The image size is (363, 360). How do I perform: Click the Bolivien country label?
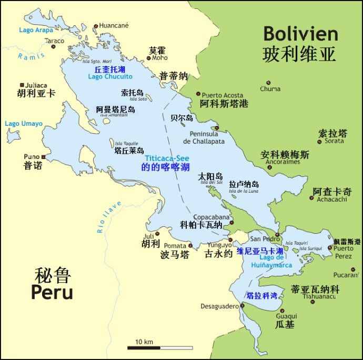point(300,34)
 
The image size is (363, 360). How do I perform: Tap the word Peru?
point(52,292)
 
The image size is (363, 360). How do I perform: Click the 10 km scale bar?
point(159,347)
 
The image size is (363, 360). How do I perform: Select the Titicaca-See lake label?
point(167,158)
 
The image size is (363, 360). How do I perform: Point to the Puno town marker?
point(44,157)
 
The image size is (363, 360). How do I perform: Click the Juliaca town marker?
point(22,85)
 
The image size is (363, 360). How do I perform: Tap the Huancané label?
point(114,25)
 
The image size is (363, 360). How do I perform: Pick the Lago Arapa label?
point(36,30)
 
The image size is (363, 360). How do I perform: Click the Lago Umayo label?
point(23,124)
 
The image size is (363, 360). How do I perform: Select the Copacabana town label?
point(211,217)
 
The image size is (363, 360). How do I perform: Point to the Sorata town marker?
point(319,141)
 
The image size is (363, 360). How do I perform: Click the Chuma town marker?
point(269,83)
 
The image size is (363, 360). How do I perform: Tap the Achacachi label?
point(332,199)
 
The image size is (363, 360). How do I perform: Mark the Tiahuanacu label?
point(319,296)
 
